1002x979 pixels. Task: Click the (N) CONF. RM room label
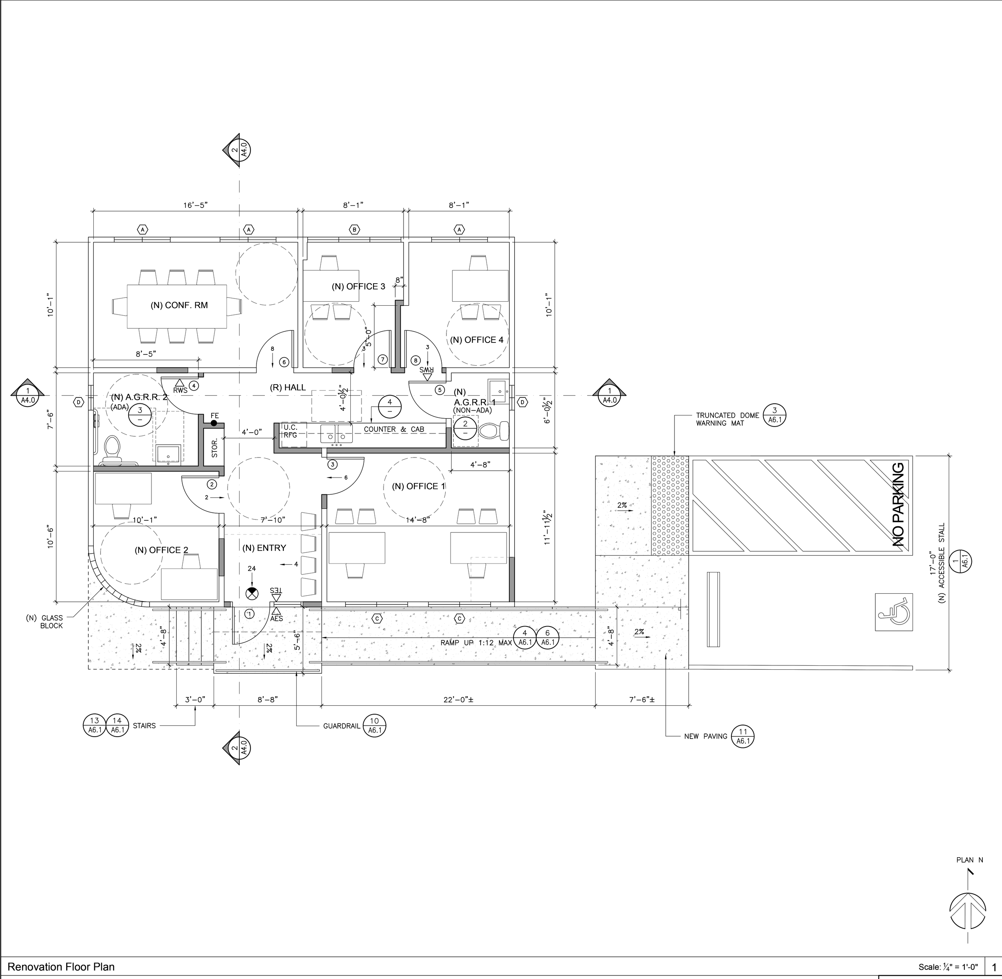pyautogui.click(x=179, y=305)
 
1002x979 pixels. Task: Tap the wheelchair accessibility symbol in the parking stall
pyautogui.click(x=893, y=612)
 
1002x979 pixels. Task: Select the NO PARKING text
pyautogui.click(x=897, y=504)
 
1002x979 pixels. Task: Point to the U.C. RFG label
pyautogui.click(x=291, y=431)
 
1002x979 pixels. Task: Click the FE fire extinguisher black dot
pyautogui.click(x=214, y=423)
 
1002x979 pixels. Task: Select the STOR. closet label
pyautogui.click(x=214, y=448)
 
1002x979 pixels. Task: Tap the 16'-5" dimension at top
pyautogui.click(x=196, y=205)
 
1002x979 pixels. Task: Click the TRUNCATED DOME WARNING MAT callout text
pyautogui.click(x=727, y=419)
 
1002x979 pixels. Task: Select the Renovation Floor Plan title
pyautogui.click(x=61, y=967)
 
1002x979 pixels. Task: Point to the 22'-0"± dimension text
pyautogui.click(x=458, y=700)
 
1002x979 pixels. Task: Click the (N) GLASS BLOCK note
pyautogui.click(x=45, y=622)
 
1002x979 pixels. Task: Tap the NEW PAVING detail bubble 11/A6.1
pyautogui.click(x=742, y=736)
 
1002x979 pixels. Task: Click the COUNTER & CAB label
pyautogui.click(x=394, y=429)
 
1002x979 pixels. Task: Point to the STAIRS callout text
pyautogui.click(x=144, y=725)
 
